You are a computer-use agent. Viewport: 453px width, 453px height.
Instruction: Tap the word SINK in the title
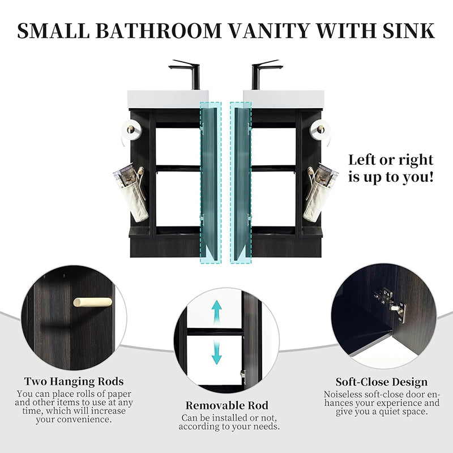pyautogui.click(x=408, y=31)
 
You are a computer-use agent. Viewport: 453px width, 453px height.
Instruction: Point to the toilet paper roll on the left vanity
pyautogui.click(x=131, y=130)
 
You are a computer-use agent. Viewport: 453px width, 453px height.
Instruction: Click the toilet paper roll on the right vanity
pyautogui.click(x=320, y=130)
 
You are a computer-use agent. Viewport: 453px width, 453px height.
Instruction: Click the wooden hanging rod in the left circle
pyautogui.click(x=92, y=302)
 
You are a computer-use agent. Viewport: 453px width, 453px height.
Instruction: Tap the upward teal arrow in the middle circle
pyautogui.click(x=216, y=313)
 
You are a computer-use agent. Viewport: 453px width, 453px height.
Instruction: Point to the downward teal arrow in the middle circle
pyautogui.click(x=216, y=352)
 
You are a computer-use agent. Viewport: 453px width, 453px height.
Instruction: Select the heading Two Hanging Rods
pyautogui.click(x=74, y=382)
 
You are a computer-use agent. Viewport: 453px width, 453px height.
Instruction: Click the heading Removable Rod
pyautogui.click(x=227, y=405)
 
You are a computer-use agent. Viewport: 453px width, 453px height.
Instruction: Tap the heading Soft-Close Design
pyautogui.click(x=381, y=382)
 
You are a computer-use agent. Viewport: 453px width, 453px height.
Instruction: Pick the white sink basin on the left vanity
pyautogui.click(x=168, y=99)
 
